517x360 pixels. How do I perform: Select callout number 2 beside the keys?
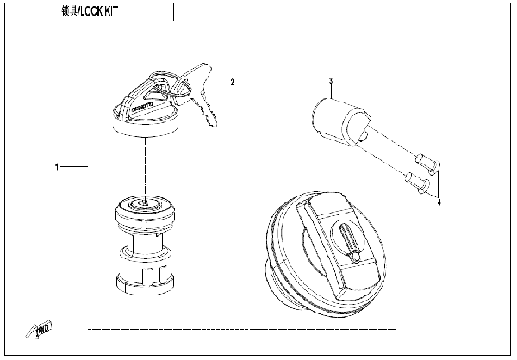click(231, 83)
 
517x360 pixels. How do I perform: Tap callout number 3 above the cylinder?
click(330, 81)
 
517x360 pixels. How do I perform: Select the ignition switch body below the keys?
click(146, 245)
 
